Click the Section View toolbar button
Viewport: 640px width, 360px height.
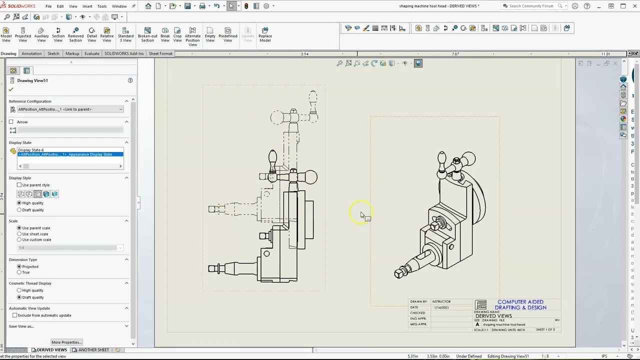58,34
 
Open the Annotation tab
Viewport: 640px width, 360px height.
31,53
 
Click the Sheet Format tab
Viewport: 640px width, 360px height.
160,53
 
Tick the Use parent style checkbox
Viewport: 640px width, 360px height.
19,185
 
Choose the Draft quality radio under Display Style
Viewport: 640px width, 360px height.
19,210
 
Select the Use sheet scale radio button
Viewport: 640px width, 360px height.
19,234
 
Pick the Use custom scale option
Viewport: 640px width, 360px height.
19,239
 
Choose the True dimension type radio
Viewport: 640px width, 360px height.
19,272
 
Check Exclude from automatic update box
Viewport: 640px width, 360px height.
15,315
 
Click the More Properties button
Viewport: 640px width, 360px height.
66,342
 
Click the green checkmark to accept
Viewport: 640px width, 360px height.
11,89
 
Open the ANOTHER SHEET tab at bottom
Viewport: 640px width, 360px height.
93,350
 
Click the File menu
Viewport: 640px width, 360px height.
48,6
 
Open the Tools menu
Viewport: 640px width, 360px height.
101,6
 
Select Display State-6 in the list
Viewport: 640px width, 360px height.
31,150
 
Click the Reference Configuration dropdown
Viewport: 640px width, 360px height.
69,109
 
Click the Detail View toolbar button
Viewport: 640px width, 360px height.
91,34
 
